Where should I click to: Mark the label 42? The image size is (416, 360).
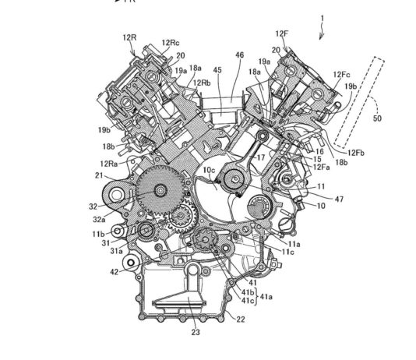(x=114, y=272)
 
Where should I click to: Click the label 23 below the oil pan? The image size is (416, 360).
(x=185, y=330)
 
